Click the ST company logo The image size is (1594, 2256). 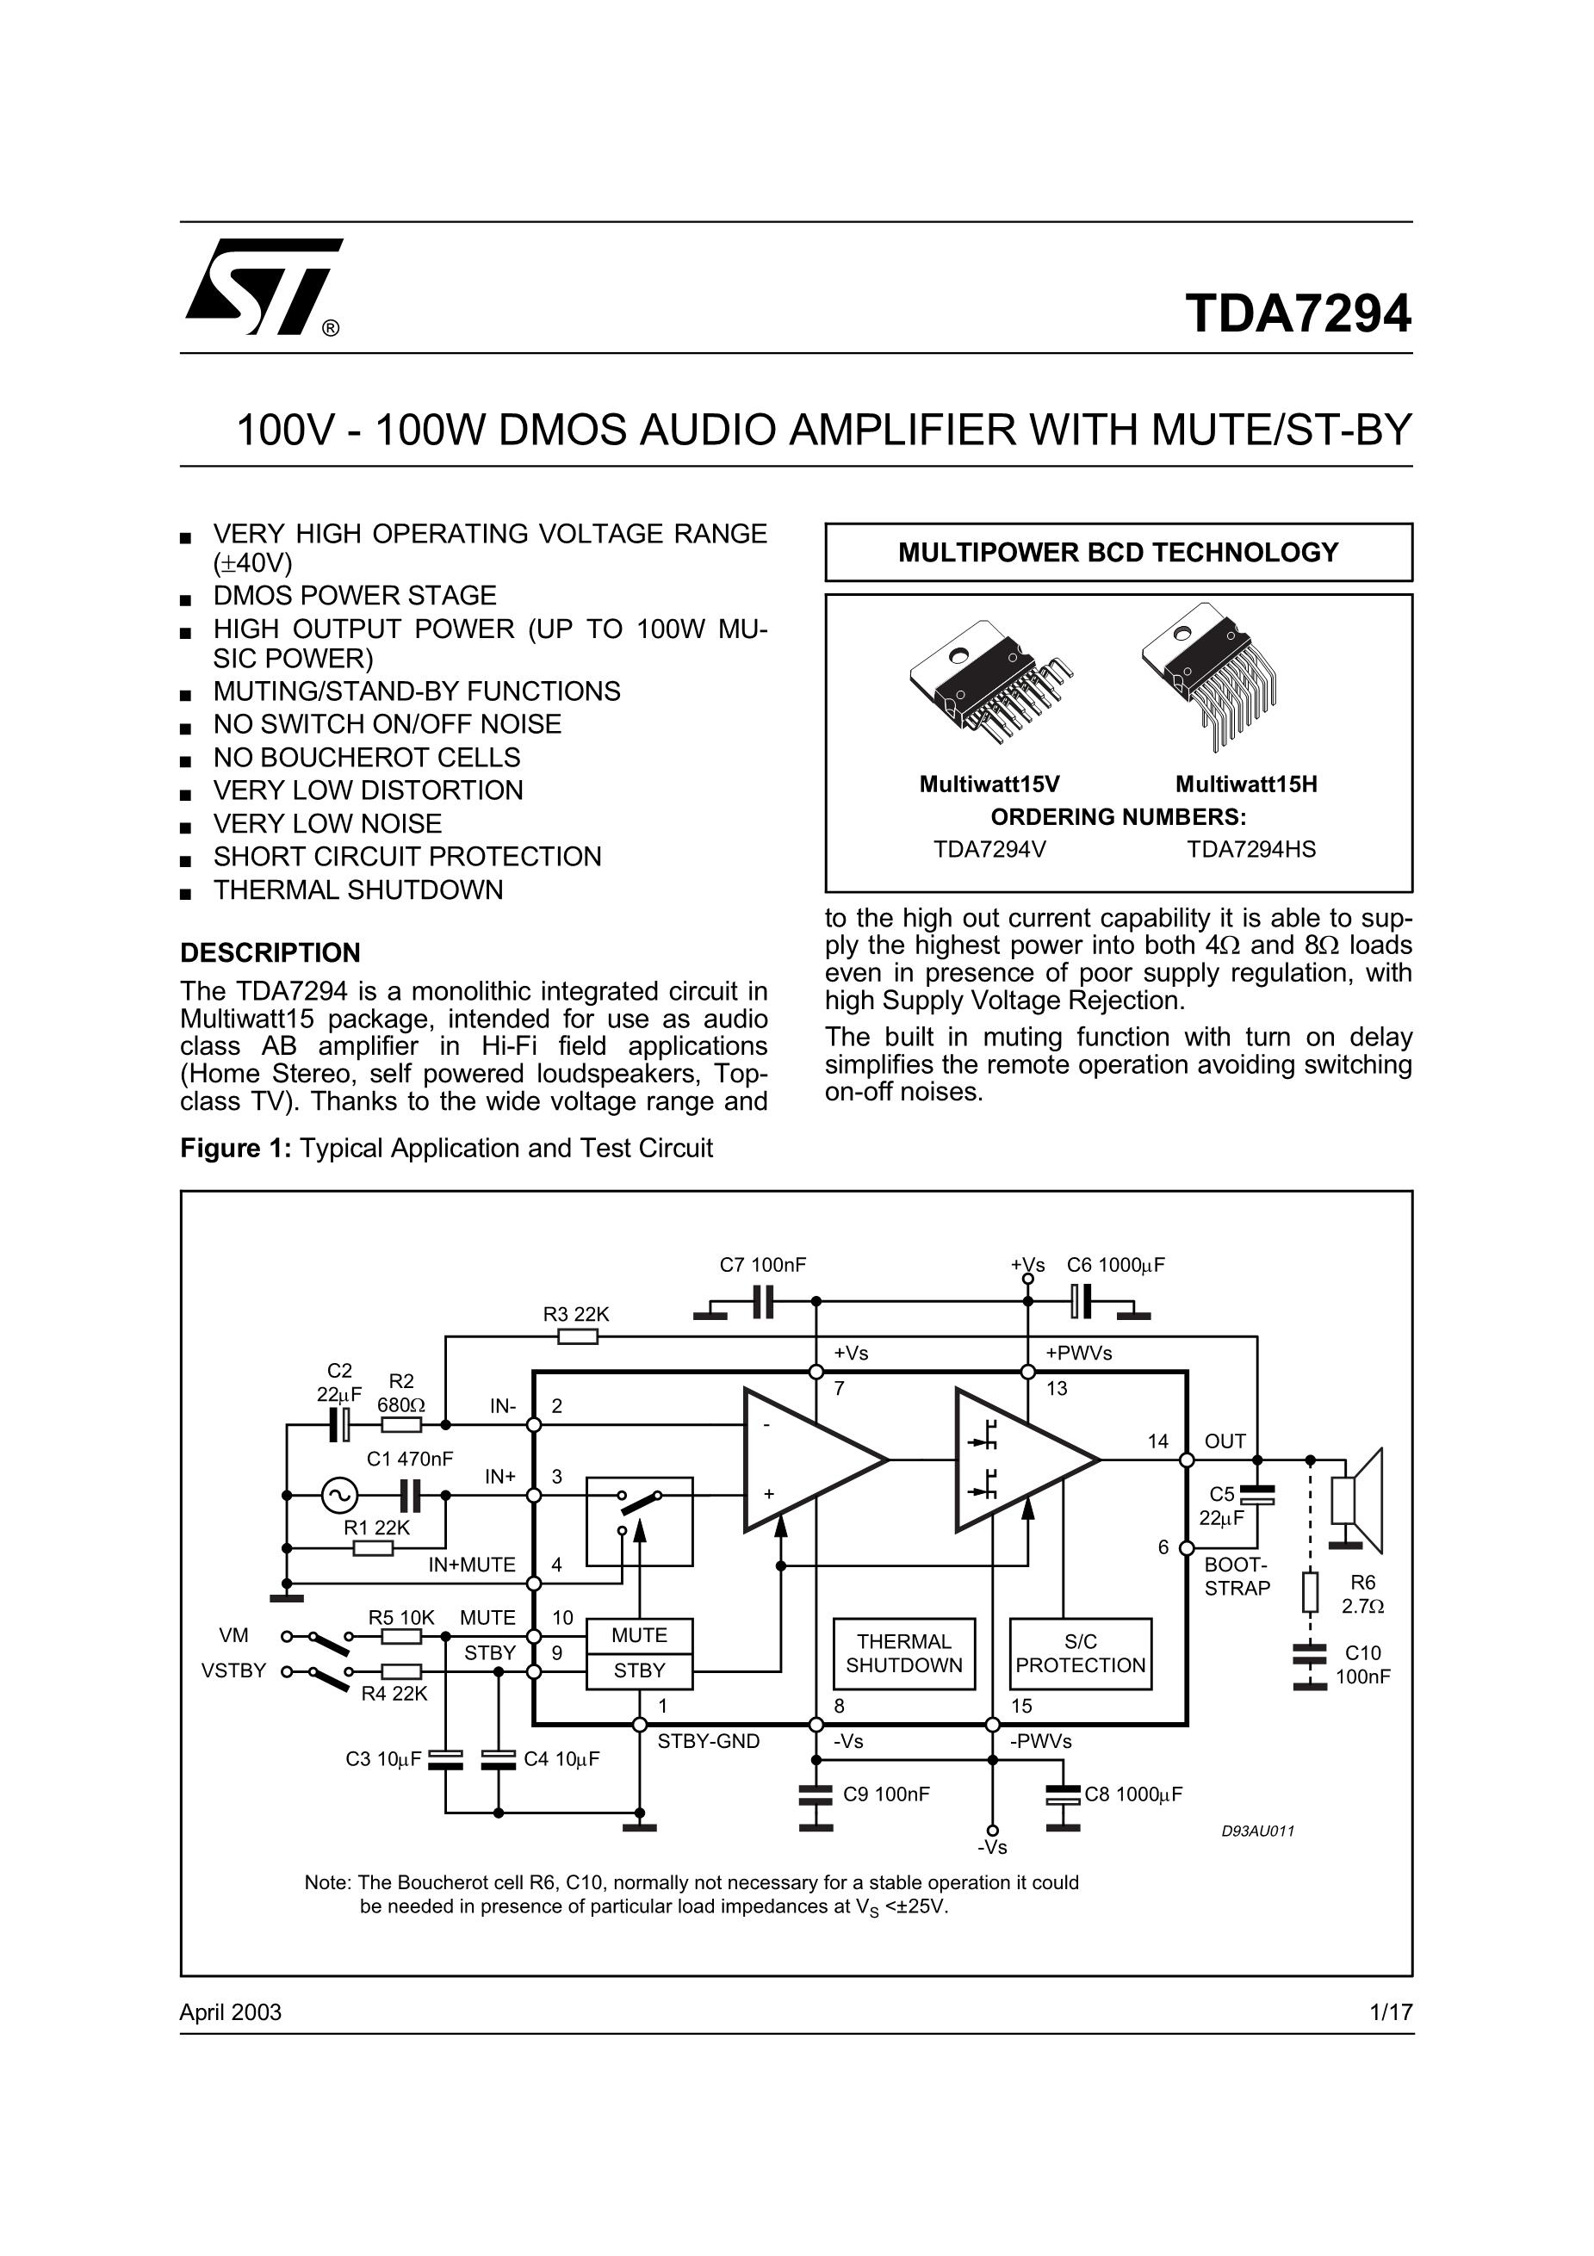[264, 286]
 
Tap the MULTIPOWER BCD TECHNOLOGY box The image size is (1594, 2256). [1118, 552]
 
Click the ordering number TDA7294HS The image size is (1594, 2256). [1250, 849]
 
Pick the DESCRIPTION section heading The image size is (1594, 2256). [270, 952]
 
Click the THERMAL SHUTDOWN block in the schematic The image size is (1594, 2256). [903, 1652]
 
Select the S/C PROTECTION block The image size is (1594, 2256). [1080, 1652]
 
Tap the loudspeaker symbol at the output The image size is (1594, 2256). [1357, 1500]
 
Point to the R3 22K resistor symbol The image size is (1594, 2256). [577, 1336]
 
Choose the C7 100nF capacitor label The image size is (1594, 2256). [763, 1265]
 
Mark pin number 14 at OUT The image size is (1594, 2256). [1157, 1441]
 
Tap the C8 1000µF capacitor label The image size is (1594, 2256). [1133, 1794]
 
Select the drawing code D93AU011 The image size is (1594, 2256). [1258, 1831]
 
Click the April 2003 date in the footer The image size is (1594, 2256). [230, 2011]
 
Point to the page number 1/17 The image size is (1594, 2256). [1391, 2011]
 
